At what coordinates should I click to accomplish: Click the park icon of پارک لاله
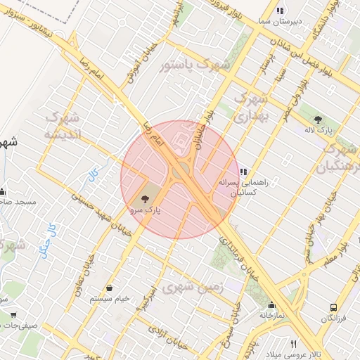(318, 120)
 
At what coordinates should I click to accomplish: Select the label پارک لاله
(319, 131)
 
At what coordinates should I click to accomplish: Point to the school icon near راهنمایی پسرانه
(243, 171)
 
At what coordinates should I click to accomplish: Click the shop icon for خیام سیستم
(110, 288)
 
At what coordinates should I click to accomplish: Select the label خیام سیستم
(110, 299)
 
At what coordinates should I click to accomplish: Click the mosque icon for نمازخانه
(271, 305)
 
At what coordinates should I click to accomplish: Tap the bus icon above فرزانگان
(334, 308)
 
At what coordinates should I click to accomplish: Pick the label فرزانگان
(334, 319)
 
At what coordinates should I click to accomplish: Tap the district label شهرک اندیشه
(63, 124)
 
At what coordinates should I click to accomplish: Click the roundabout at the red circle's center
(179, 171)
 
